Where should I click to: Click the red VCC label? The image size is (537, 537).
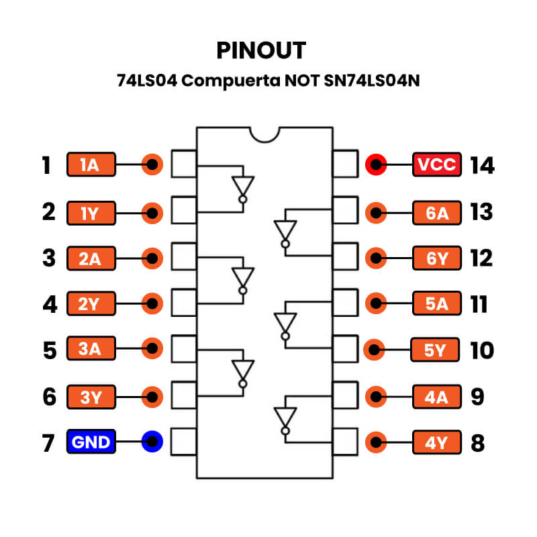pos(437,164)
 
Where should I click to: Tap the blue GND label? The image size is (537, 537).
pos(91,442)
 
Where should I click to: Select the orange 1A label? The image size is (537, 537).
pos(91,164)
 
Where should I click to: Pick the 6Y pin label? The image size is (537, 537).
pos(437,258)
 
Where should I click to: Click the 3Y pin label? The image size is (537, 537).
pos(91,397)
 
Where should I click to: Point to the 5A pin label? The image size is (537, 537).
pos(437,304)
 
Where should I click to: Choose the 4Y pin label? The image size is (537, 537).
pos(437,443)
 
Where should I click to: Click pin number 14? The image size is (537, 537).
pos(482,165)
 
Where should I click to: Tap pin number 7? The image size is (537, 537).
pos(49,443)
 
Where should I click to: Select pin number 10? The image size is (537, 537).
pos(482,350)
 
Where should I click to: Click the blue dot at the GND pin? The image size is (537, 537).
pos(153,442)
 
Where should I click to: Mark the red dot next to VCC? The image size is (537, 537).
pos(376,164)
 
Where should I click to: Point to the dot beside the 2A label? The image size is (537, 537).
pos(153,258)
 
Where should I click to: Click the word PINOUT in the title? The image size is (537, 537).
pos(261,50)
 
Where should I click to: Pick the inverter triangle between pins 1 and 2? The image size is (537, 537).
pos(243,187)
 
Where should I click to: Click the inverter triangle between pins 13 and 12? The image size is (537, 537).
pos(285,233)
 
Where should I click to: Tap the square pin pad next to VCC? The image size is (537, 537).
pos(346,164)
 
